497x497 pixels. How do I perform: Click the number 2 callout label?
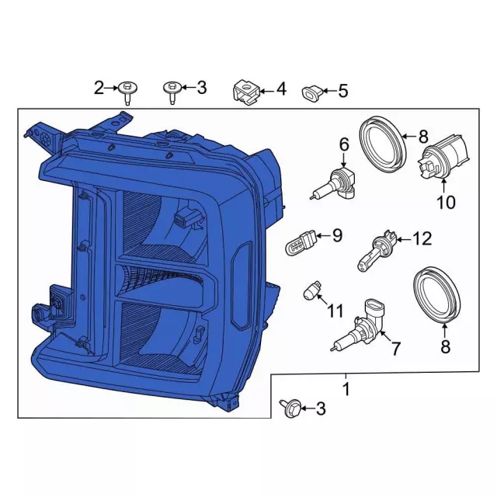(99, 88)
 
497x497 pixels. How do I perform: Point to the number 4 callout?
(280, 89)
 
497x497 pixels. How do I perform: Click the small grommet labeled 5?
(313, 92)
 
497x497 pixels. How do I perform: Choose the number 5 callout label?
(342, 91)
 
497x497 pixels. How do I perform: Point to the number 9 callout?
(337, 235)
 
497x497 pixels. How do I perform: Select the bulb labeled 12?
(376, 248)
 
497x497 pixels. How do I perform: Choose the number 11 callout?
(335, 311)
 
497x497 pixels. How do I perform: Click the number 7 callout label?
(395, 349)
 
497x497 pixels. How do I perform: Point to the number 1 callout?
(346, 387)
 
